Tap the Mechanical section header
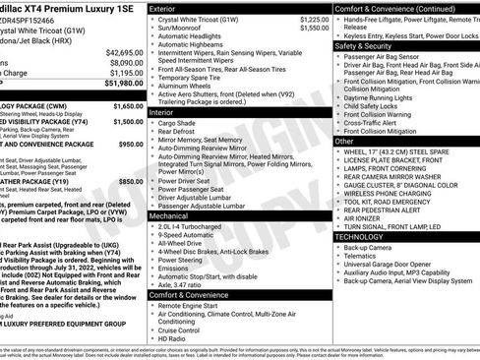coord(170,214)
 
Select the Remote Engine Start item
coord(196,307)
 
